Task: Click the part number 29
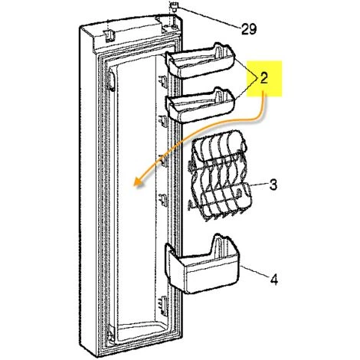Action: click(248, 30)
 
